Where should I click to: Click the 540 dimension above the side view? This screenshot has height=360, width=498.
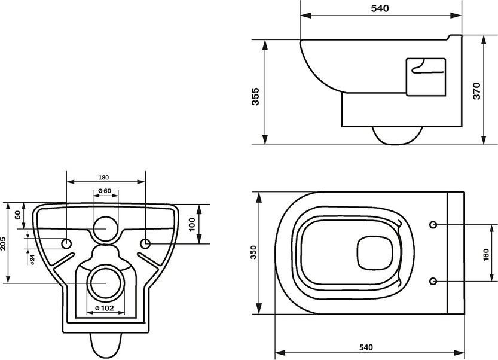(x=380, y=8)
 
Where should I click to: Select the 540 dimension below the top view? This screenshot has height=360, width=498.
(x=366, y=347)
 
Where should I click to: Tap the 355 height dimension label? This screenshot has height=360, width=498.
(x=255, y=96)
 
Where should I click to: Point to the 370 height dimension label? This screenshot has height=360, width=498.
(x=476, y=91)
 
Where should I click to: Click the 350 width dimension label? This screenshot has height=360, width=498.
(x=253, y=252)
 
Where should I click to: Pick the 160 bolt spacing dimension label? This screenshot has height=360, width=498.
(x=485, y=255)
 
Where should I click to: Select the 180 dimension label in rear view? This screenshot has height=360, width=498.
(x=103, y=177)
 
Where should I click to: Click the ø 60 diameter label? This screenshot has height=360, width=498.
(x=105, y=191)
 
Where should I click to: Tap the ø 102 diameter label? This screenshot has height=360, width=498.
(x=105, y=307)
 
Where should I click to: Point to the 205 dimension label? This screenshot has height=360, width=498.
(x=3, y=243)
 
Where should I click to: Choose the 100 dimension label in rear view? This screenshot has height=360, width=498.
(x=192, y=224)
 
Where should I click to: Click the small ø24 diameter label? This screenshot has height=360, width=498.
(x=32, y=260)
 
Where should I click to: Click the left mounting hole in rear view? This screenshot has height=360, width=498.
(x=66, y=244)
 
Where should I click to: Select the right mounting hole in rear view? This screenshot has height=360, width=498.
(x=145, y=244)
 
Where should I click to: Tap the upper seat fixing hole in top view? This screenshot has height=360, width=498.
(x=433, y=225)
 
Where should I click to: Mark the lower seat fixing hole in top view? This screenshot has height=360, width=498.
(x=433, y=281)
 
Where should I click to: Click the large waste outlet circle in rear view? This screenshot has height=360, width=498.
(x=106, y=282)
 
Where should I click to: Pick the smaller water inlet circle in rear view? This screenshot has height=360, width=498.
(x=106, y=229)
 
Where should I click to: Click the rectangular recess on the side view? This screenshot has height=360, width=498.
(x=426, y=77)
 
